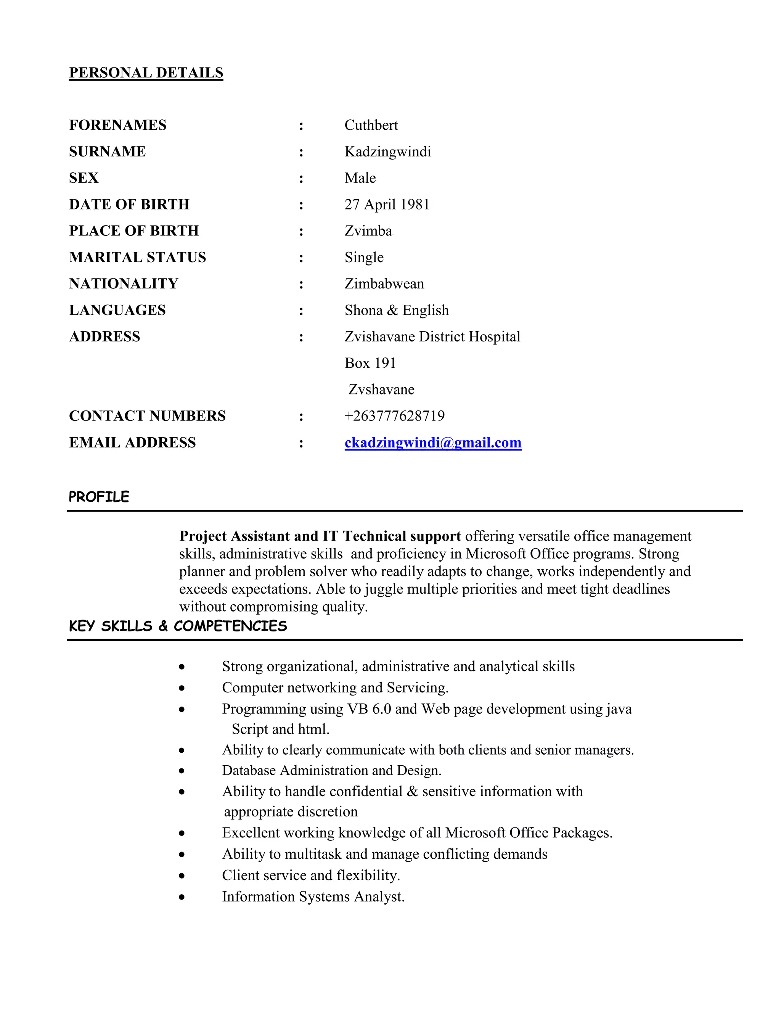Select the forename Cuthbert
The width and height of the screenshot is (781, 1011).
pos(371,125)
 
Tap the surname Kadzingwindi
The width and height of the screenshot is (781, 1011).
pos(387,151)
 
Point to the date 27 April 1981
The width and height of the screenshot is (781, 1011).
pos(387,204)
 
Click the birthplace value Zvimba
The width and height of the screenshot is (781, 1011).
pos(368,230)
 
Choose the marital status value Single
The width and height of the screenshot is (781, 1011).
pos(364,258)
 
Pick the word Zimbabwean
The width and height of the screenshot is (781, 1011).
pos(384,284)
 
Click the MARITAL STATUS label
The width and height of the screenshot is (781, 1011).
pos(137,258)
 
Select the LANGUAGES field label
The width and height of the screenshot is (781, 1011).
pos(117,310)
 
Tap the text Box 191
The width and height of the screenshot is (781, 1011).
pos(370,363)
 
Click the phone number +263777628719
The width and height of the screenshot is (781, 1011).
pos(394,416)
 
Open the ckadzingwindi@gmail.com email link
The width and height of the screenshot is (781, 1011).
pos(432,443)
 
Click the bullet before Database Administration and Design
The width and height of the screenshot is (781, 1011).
pos(182,771)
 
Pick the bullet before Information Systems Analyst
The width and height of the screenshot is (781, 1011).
pos(182,897)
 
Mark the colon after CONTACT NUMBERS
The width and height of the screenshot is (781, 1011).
pos(301,417)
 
